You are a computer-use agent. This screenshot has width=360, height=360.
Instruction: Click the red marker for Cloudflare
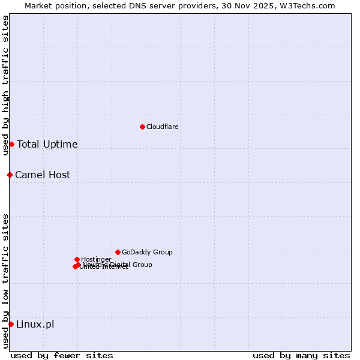coord(142,127)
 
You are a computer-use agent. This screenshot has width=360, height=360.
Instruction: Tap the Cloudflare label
coord(163,127)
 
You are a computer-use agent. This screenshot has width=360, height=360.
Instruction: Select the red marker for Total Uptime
coord(11,144)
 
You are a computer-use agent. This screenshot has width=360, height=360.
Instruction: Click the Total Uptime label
coord(47,145)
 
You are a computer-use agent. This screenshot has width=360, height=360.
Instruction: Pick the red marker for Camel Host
coord(10,175)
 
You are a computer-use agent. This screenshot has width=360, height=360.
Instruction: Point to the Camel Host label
coord(43,175)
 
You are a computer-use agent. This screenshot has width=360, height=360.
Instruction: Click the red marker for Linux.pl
coord(11,324)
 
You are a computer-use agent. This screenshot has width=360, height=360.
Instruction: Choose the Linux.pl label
coord(35,325)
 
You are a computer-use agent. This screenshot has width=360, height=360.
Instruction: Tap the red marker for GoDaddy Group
coord(118,252)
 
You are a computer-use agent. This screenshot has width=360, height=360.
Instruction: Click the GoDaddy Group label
coord(147,253)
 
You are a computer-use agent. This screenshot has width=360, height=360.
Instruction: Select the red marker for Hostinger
coord(77,259)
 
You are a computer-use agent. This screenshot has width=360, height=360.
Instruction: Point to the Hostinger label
coord(96,259)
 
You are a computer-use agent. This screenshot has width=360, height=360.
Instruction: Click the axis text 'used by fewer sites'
coord(62,355)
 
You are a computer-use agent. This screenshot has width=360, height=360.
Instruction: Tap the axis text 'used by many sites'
coord(301,355)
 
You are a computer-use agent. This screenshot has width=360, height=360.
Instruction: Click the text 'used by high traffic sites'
coord(6,85)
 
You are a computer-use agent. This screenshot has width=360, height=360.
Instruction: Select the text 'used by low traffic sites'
coord(6,281)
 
